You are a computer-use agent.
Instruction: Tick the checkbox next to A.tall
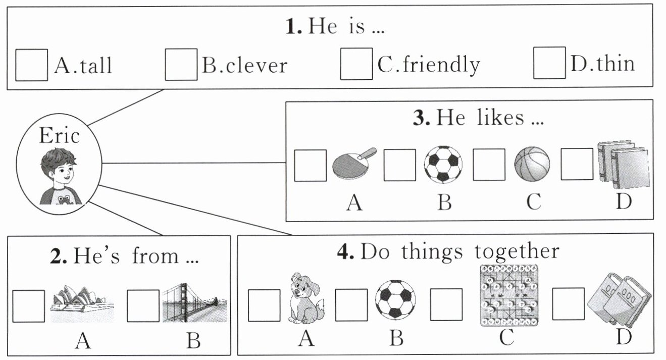point(31,65)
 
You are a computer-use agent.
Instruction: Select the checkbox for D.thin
point(549,63)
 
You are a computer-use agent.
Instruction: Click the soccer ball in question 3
point(443,164)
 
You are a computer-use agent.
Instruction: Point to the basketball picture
point(532,164)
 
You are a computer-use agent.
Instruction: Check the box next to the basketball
point(488,165)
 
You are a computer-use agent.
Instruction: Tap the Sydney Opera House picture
point(82,304)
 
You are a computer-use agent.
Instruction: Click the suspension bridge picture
point(194,304)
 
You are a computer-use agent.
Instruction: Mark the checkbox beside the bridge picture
point(143,305)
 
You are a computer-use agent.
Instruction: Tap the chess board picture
point(508,295)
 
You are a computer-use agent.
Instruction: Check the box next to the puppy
point(264,305)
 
